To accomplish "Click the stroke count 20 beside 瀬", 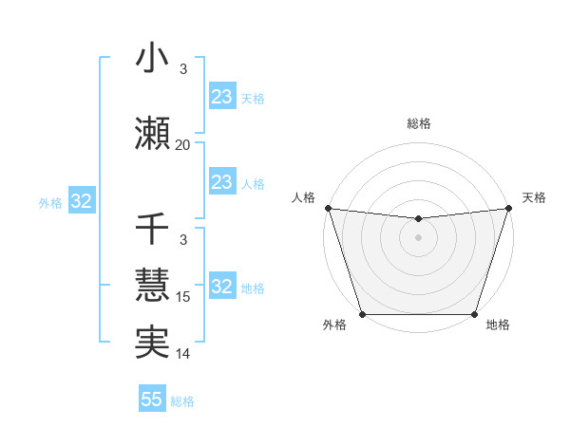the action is (182, 145).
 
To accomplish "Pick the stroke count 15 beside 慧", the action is (183, 297).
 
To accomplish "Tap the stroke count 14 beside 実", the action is (183, 354).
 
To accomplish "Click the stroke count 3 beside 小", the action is (183, 69).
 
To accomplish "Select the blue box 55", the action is (152, 400).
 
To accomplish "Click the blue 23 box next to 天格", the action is (222, 97).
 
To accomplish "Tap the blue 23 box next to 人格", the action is (222, 182).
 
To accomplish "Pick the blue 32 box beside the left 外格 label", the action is (81, 201).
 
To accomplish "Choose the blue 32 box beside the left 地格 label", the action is (222, 287).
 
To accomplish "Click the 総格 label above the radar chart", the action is (418, 124).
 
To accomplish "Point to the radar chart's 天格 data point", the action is (508, 208).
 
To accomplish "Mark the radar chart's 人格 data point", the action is (328, 208).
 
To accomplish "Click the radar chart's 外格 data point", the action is (362, 314).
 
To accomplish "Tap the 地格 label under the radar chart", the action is (498, 325).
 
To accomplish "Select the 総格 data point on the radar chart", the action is (418, 219).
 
